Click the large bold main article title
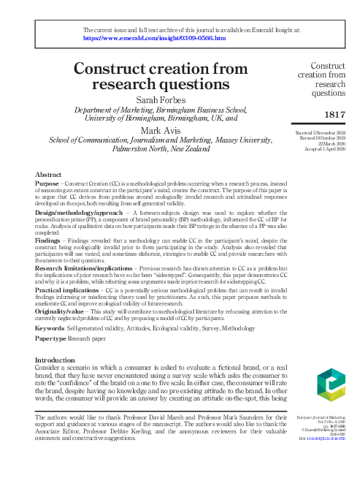click(162, 76)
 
